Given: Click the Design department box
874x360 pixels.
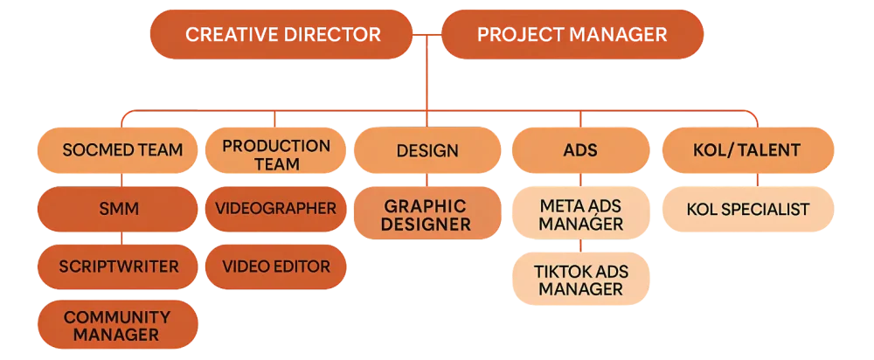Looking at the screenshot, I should click(427, 150).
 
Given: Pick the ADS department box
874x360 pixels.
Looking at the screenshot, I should click(580, 150).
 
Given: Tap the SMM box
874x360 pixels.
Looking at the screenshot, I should click(117, 209).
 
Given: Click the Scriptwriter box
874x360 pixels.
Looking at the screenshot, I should click(117, 267).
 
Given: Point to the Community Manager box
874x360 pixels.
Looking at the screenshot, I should click(117, 324).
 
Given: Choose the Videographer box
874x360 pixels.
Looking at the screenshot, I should click(275, 209).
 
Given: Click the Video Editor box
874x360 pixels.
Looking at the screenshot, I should click(275, 267).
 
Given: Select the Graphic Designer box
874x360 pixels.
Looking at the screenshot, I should click(427, 215).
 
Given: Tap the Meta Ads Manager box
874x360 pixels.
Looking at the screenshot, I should click(580, 215).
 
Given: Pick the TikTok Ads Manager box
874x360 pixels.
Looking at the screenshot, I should click(580, 280).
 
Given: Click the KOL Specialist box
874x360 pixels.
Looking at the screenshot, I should click(748, 210).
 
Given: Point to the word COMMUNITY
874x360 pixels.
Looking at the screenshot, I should click(117, 315).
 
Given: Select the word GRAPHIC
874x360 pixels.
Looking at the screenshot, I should click(427, 206).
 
